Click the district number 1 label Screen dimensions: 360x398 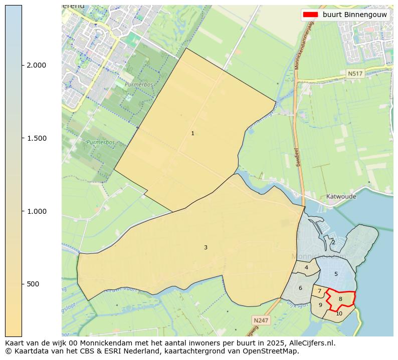[192, 134]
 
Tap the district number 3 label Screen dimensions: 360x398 [206, 247]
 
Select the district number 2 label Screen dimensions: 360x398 [333, 242]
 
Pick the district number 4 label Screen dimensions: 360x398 [306, 267]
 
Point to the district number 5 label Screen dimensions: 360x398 [336, 274]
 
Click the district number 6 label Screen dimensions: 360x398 [300, 288]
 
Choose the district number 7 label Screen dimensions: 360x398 [319, 291]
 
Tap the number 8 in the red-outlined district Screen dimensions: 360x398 [340, 299]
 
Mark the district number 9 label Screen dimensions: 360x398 [320, 305]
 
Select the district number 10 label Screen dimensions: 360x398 [339, 314]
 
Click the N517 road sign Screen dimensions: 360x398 [355, 74]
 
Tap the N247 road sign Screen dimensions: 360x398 [261, 320]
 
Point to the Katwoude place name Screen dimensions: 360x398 [341, 197]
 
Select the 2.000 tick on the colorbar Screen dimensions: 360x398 [37, 65]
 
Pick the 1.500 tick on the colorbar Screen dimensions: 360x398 [37, 138]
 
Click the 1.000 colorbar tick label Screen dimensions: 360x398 [37, 211]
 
